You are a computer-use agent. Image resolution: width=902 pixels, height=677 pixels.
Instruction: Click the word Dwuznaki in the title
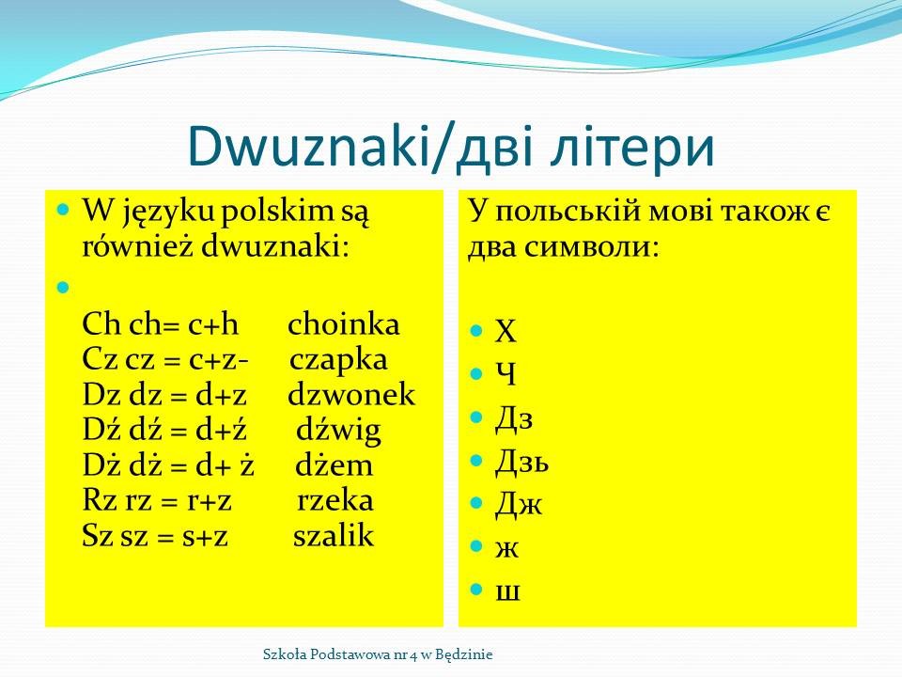pyautogui.click(x=309, y=145)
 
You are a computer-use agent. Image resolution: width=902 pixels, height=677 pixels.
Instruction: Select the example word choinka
pyautogui.click(x=344, y=324)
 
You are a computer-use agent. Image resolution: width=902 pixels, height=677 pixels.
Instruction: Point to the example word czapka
pyautogui.click(x=338, y=361)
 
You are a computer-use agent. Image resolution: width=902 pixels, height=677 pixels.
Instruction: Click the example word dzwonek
pyautogui.click(x=351, y=395)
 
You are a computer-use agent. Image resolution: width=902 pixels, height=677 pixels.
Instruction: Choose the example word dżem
pyautogui.click(x=334, y=465)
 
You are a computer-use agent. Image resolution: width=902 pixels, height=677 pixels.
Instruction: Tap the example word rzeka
pyautogui.click(x=335, y=500)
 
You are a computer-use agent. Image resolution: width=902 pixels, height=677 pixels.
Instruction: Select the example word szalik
pyautogui.click(x=334, y=535)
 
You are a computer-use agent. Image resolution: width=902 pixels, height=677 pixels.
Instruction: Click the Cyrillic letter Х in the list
pyautogui.click(x=505, y=332)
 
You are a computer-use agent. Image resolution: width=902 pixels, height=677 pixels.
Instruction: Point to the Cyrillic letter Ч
pyautogui.click(x=505, y=375)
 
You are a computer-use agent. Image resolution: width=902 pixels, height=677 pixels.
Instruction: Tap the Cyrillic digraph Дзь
pyautogui.click(x=521, y=461)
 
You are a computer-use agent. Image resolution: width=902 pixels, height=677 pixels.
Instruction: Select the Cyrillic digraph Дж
pyautogui.click(x=519, y=504)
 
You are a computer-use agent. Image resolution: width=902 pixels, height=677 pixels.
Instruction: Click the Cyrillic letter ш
pyautogui.click(x=508, y=591)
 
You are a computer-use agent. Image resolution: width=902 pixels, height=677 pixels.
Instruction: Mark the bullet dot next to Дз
pyautogui.click(x=475, y=417)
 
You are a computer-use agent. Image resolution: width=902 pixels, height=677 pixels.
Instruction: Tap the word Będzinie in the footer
pyautogui.click(x=463, y=654)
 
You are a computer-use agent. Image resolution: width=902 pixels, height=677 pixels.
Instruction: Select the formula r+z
pyautogui.click(x=210, y=502)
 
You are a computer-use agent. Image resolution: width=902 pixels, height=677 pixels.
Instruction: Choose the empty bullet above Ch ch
pyautogui.click(x=63, y=287)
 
